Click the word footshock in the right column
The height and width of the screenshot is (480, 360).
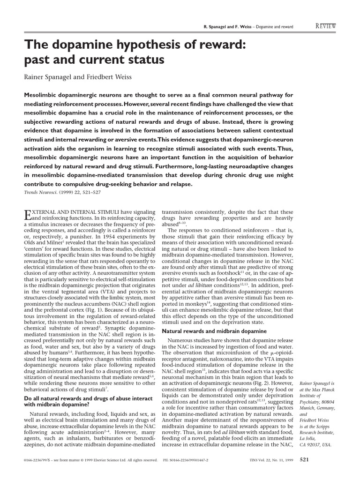(226, 272)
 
